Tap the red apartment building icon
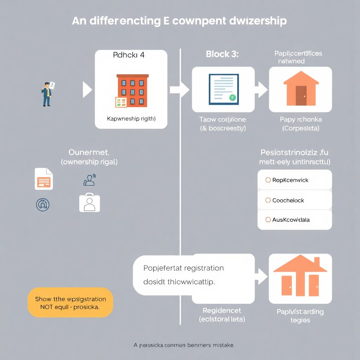pos(132,90)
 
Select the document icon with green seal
pos(224,89)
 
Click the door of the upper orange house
pos(301,96)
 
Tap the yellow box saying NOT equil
pos(70,303)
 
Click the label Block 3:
pos(222,54)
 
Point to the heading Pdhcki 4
pos(129,55)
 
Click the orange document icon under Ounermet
pos(44,179)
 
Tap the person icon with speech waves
pos(89,180)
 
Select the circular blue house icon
pos(43,204)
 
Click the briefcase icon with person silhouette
pos(89,203)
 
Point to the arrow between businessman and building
pos(87,90)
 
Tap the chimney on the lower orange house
pos(316,262)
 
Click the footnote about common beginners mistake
pos(184,345)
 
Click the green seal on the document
pos(232,97)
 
